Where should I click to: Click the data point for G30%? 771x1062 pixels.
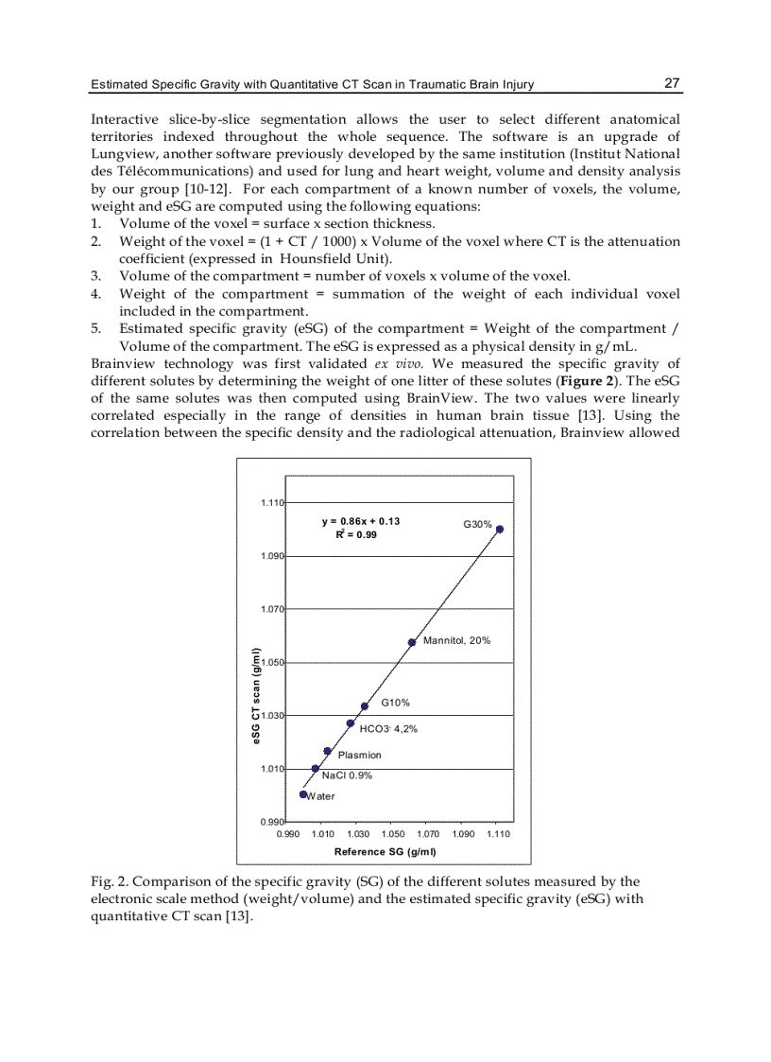coord(500,529)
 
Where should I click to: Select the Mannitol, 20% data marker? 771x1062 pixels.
coord(412,642)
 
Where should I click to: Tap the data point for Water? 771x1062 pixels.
coord(303,794)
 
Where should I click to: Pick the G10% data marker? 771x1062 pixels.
coord(365,705)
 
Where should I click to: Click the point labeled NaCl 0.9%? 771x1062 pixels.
coord(315,768)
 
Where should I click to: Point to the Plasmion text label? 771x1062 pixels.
coord(360,755)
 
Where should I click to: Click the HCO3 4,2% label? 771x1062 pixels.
coord(389,729)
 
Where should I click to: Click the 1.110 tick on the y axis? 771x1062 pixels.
coord(273,502)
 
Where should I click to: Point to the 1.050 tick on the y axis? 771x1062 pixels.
coord(273,662)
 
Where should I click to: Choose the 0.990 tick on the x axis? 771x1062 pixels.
coord(287,835)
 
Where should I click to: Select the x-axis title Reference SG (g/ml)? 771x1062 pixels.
coord(385,851)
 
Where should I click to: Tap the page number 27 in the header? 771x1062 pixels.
coord(672,83)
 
